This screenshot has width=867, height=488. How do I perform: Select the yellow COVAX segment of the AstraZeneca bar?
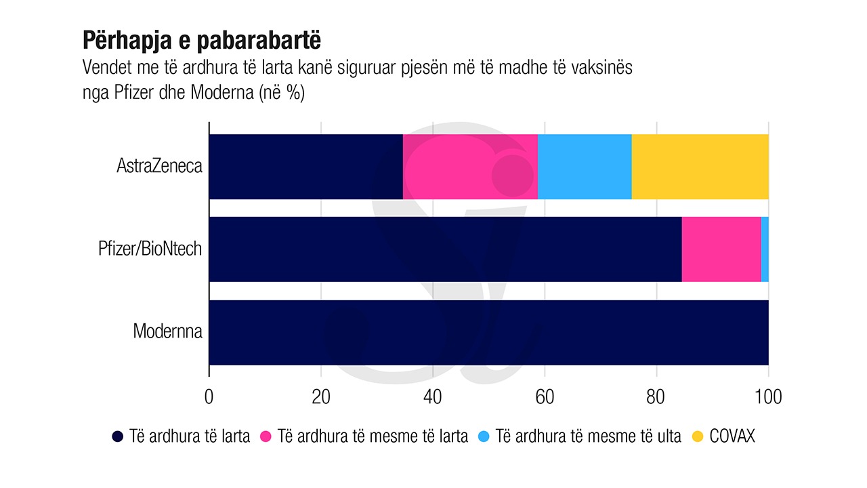700,167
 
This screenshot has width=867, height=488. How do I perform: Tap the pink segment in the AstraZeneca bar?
470,167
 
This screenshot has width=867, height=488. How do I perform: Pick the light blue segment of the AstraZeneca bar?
585,167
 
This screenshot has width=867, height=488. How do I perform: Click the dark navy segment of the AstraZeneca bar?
305,167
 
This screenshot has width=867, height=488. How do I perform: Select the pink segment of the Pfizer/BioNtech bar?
721,249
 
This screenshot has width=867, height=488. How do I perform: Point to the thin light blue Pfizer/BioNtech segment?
765,249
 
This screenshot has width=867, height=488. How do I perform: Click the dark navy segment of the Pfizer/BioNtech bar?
445,249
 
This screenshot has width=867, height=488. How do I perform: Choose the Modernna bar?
488,332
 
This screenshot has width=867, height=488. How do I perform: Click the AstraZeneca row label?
159,166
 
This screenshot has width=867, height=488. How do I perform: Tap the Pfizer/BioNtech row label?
150,249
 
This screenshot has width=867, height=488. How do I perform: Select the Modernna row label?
167,331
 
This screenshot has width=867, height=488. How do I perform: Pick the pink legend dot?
266,436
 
